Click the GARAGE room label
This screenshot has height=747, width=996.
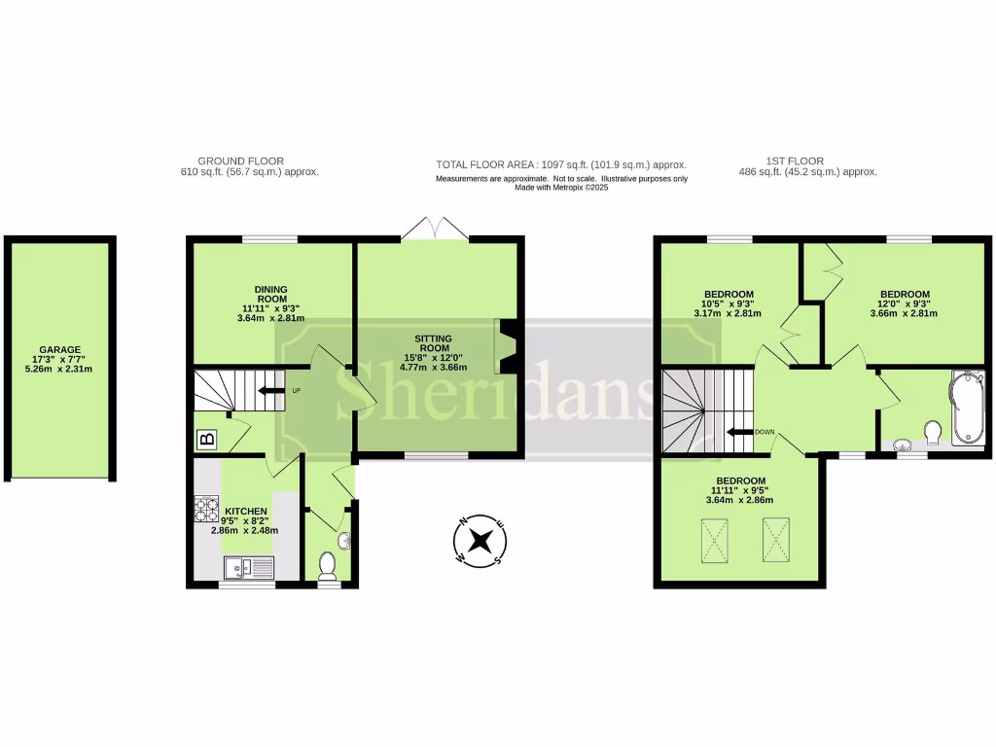point(60,349)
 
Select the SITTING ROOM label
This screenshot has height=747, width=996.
point(433,342)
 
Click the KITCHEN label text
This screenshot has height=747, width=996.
point(245,512)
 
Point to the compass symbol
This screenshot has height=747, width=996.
point(480,541)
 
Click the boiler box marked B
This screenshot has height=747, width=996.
point(207,440)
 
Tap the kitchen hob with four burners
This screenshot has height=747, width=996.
point(207,509)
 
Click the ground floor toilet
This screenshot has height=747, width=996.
point(328,564)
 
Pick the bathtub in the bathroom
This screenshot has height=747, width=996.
point(970,408)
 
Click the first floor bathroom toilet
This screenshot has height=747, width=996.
point(934,430)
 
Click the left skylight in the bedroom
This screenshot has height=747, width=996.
point(716,540)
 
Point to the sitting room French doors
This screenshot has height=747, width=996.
point(436,230)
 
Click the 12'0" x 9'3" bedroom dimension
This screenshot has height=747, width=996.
point(905,304)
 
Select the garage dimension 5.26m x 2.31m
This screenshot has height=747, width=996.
point(60,371)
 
